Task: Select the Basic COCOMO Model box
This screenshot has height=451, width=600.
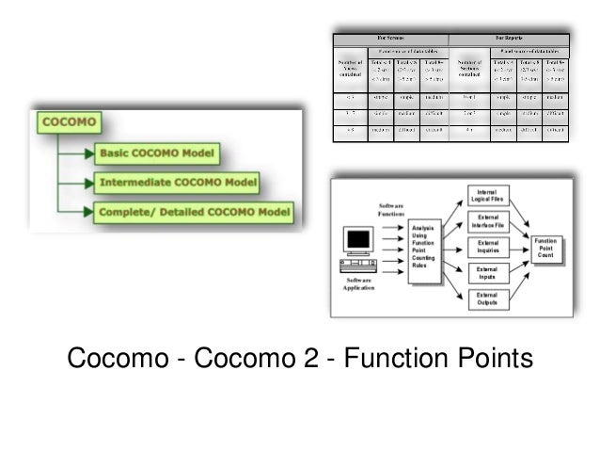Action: coord(156,153)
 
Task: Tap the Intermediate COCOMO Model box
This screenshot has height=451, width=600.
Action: coord(177,183)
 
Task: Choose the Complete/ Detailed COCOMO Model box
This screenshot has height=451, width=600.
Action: coord(195,213)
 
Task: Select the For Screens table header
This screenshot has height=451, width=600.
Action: coord(389,39)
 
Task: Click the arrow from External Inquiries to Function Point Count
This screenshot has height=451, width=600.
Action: coord(520,248)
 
